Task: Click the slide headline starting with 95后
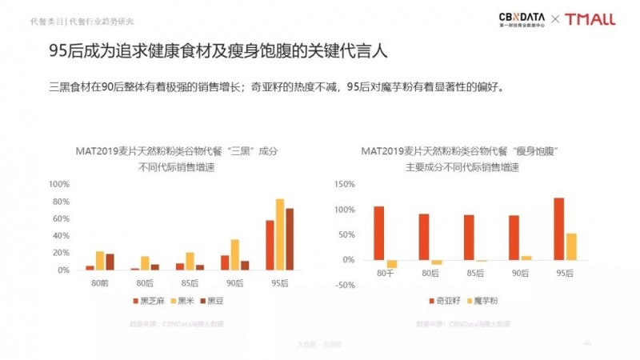pyautogui.click(x=218, y=52)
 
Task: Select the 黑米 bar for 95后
pyautogui.click(x=280, y=234)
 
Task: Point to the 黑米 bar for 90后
pyautogui.click(x=235, y=254)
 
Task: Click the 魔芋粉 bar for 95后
pyautogui.click(x=571, y=246)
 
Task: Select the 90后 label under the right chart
pyautogui.click(x=520, y=274)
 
